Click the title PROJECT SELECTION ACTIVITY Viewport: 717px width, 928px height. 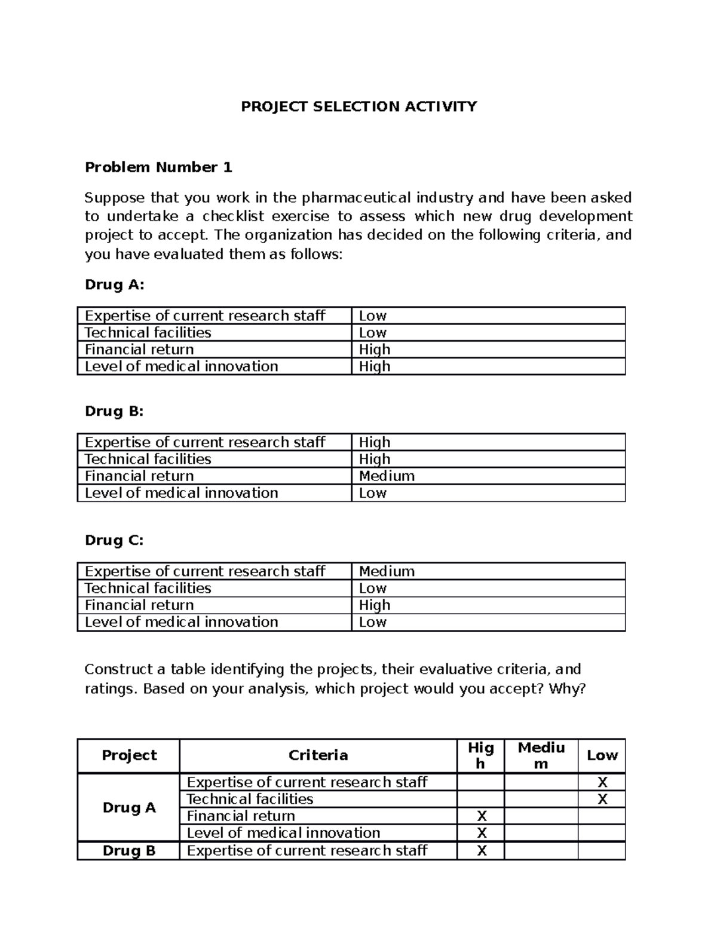[x=358, y=107]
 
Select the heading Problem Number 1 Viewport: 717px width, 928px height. [x=158, y=167]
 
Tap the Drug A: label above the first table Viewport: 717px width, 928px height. [x=115, y=284]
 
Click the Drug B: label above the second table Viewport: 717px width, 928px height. [x=115, y=411]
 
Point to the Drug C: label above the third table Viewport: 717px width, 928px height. [x=115, y=540]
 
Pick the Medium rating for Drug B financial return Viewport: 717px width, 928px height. [x=386, y=476]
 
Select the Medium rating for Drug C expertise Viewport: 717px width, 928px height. [x=386, y=571]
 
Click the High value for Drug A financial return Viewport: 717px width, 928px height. [x=374, y=350]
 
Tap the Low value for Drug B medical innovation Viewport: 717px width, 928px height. [x=372, y=493]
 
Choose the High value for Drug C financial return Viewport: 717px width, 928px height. [x=374, y=605]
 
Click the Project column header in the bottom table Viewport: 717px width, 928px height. [x=129, y=755]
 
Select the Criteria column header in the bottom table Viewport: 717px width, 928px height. [x=318, y=755]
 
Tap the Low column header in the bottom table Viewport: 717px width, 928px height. [x=602, y=755]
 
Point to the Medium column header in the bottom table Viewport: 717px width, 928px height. [x=541, y=755]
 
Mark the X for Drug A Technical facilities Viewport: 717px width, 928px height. [x=602, y=800]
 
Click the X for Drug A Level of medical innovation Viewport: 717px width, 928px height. [x=481, y=833]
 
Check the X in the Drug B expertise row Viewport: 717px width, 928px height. [x=481, y=851]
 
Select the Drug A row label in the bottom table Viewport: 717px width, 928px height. [x=129, y=808]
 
